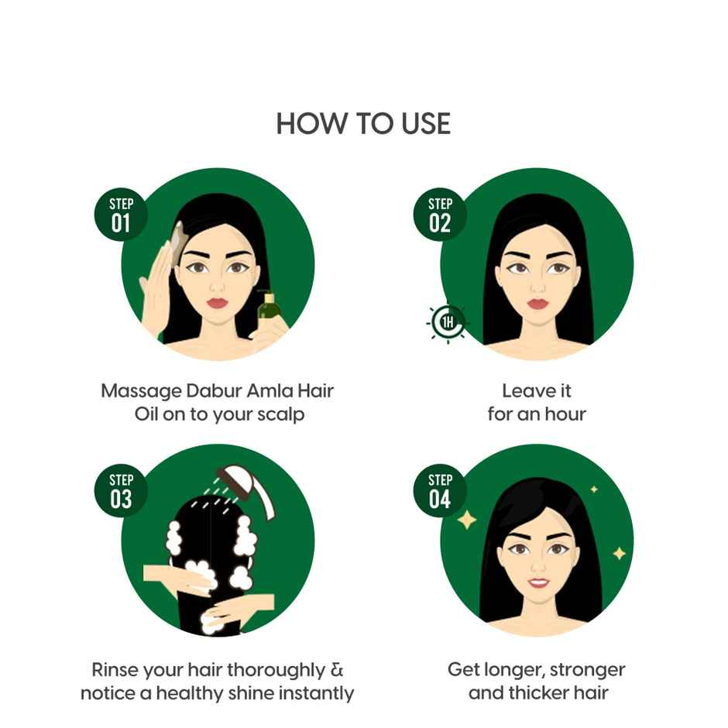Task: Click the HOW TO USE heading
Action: coord(363,124)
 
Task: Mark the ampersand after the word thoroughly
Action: coord(337,669)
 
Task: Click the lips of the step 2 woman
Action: coord(537,303)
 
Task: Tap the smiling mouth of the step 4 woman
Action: coord(537,581)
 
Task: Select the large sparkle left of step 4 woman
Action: coord(466,520)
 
